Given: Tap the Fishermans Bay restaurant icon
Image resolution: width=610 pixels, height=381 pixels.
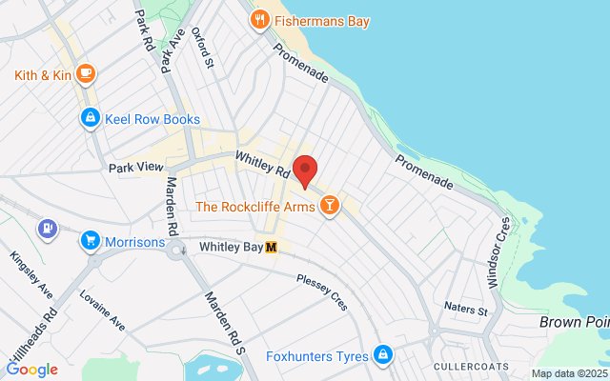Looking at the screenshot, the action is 258,19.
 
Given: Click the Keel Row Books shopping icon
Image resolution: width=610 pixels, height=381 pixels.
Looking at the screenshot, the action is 89,119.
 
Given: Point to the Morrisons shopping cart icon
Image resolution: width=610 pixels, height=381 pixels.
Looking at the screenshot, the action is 91,241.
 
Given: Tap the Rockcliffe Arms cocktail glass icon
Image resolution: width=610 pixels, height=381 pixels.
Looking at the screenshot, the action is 329,206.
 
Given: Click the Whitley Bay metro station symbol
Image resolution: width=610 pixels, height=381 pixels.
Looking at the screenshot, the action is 272,248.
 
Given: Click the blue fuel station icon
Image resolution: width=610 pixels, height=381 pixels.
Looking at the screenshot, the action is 45,229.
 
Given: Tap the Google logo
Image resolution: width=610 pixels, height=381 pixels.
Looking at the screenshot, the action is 31,370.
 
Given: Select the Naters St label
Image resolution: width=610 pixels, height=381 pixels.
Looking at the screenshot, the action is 466,309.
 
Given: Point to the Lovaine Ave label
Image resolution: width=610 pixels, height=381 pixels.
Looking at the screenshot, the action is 103,310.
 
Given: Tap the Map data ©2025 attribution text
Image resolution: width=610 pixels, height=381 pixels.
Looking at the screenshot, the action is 569,373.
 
